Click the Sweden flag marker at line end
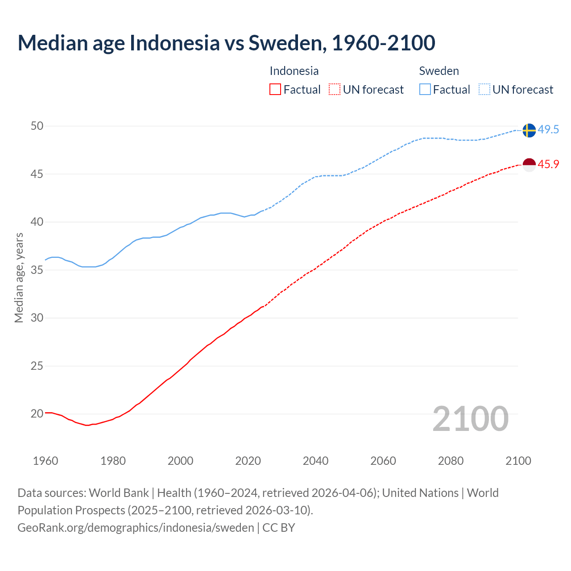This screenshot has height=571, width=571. [529, 130]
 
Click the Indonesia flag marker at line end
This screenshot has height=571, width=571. [529, 165]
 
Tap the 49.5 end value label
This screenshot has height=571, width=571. [548, 130]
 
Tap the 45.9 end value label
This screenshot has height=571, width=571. [548, 165]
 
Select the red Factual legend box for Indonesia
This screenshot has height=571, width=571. [275, 90]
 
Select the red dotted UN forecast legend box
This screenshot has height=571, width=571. [335, 90]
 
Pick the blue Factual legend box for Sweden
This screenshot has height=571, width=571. [425, 90]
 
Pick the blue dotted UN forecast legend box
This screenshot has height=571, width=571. [484, 90]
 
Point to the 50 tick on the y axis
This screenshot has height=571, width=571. [37, 126]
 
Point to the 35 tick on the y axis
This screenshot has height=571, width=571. [37, 270]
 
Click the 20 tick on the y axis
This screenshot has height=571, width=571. [37, 414]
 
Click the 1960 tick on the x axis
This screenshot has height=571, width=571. [46, 461]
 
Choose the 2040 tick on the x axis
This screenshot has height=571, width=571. [315, 461]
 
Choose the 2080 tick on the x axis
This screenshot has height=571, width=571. [451, 461]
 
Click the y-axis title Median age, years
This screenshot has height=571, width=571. [19, 277]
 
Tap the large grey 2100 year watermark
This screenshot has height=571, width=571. [470, 419]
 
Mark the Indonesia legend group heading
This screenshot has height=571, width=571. [294, 71]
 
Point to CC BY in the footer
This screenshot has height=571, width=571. [279, 528]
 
